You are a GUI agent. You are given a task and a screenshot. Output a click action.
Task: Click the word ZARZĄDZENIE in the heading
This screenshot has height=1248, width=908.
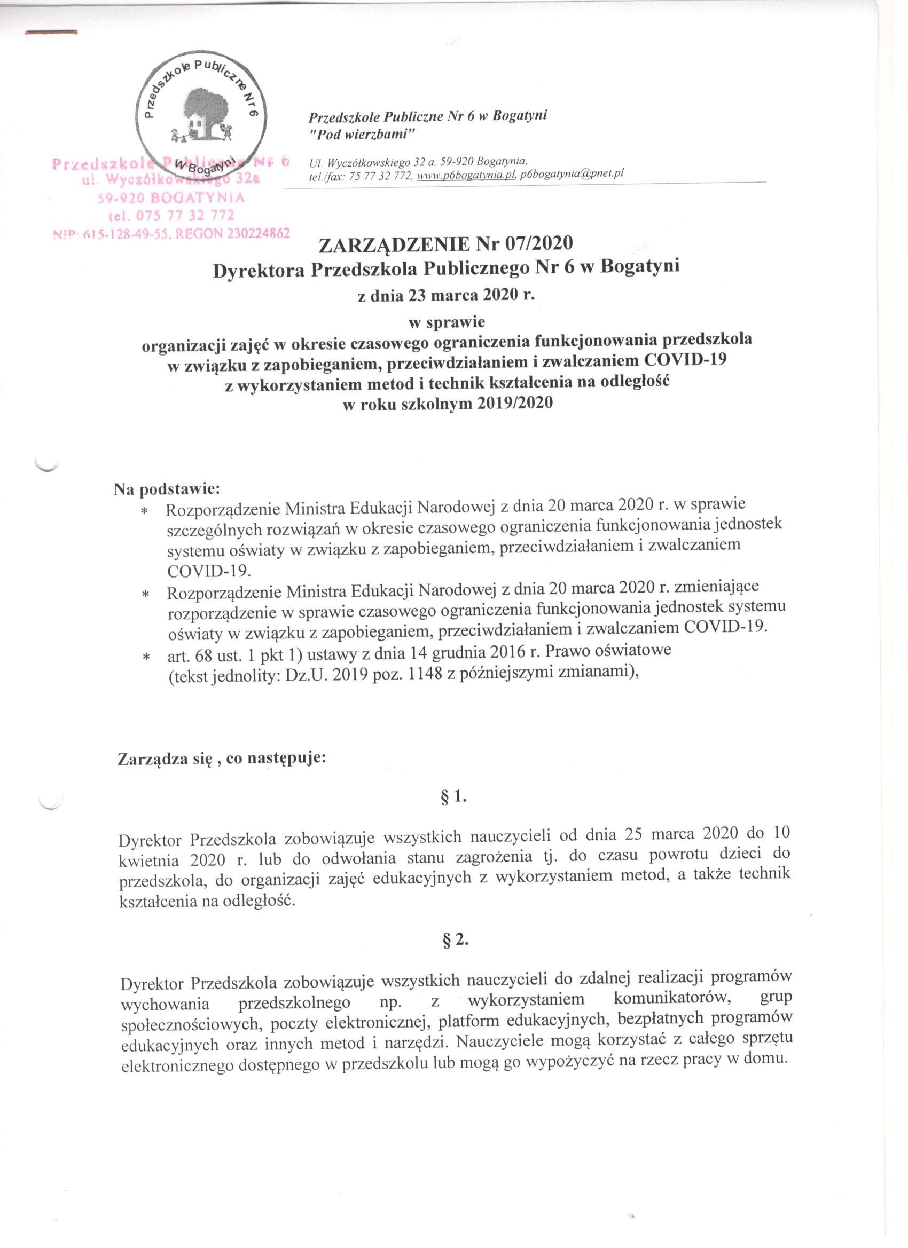pyautogui.click(x=395, y=244)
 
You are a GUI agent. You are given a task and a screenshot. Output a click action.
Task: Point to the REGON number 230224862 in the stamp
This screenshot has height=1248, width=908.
pyautogui.click(x=254, y=233)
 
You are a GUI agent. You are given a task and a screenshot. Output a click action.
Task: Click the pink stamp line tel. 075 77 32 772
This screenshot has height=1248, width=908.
pyautogui.click(x=173, y=215)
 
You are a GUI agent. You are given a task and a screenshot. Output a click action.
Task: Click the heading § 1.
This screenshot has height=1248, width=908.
pyautogui.click(x=455, y=796)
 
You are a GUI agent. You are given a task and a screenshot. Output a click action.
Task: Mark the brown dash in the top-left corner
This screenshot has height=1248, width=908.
pyautogui.click(x=51, y=33)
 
